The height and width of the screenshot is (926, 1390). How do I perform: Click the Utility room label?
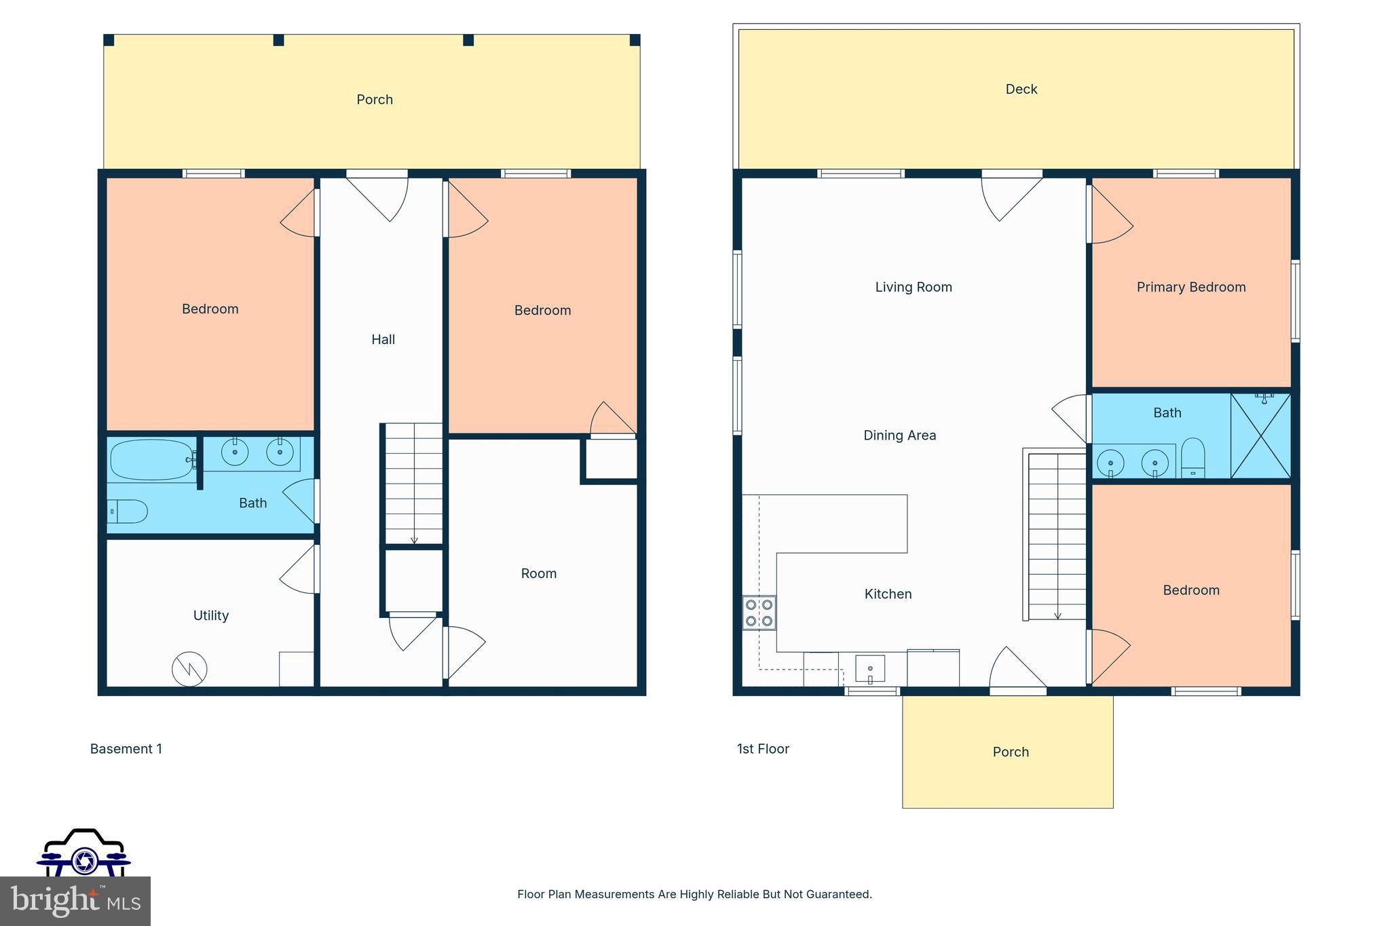pos(210,615)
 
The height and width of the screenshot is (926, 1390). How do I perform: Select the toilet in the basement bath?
pos(129,512)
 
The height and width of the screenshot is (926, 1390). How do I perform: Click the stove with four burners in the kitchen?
pos(759,612)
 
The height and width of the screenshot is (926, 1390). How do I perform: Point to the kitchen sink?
pos(869,669)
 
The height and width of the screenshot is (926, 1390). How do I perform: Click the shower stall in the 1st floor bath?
pos(1260,436)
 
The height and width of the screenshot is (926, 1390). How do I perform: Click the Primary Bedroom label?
pos(1190,287)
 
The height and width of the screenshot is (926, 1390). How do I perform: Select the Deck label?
pos(1021,89)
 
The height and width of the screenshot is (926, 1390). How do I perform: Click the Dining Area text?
pos(899,436)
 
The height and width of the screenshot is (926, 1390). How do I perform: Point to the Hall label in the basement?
pos(383,339)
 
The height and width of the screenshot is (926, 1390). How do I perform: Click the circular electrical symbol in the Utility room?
pos(189,670)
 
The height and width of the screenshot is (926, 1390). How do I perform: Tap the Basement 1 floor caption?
pos(126,749)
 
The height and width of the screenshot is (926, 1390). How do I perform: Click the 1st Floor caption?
pos(763,749)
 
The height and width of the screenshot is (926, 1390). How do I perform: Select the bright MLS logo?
pos(75,902)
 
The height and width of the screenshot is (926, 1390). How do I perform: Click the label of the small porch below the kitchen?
pos(1011,752)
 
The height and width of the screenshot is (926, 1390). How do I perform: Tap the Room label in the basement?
pos(538,573)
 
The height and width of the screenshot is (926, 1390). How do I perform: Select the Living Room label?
pos(913,287)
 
